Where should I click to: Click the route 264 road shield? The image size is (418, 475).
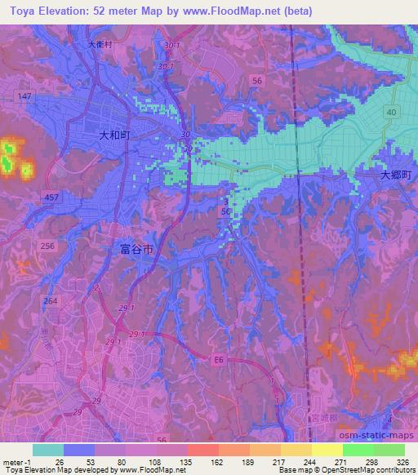51,301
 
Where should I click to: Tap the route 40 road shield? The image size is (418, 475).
392,112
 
